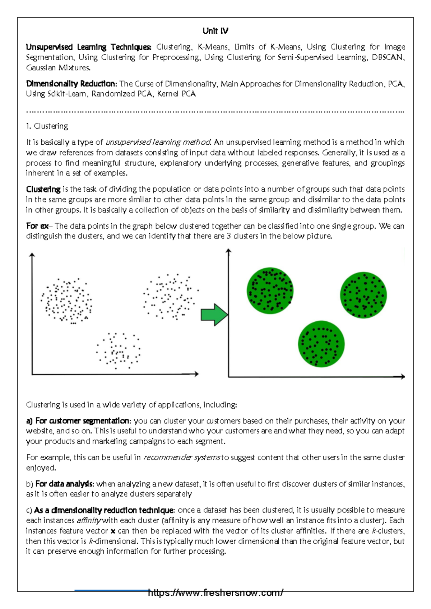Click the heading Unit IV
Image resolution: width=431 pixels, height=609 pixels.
click(x=215, y=31)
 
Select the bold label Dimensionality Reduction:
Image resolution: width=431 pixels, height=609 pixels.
click(x=71, y=84)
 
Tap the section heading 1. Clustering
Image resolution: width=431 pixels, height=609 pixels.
click(x=47, y=126)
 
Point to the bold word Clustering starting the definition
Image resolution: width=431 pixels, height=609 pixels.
click(x=43, y=189)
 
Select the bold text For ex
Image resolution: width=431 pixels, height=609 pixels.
click(x=37, y=226)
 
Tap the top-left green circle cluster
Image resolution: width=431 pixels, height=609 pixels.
click(x=270, y=290)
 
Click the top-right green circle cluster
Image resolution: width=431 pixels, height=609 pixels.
click(x=363, y=295)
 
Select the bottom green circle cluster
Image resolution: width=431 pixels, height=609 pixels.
click(x=321, y=344)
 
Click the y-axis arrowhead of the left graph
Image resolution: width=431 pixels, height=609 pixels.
click(x=32, y=255)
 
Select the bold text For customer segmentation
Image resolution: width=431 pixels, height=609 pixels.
click(x=82, y=421)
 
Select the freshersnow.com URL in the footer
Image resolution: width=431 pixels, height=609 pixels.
click(x=215, y=593)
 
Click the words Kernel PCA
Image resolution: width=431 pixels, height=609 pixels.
click(x=176, y=94)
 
